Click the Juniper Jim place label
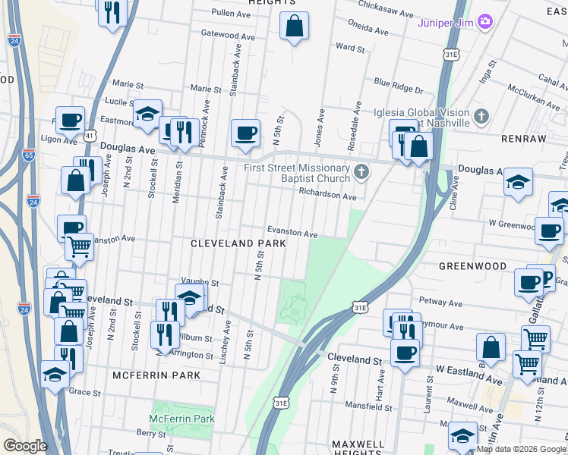pyautogui.click(x=446, y=22)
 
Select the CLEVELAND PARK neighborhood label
pyautogui.click(x=238, y=243)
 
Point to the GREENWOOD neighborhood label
pyautogui.click(x=472, y=266)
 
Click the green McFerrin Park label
pyautogui.click(x=181, y=419)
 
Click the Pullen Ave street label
pyautogui.click(x=232, y=14)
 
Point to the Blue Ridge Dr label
pyautogui.click(x=398, y=86)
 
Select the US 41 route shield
pyautogui.click(x=90, y=136)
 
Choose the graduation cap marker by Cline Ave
pyautogui.click(x=518, y=182)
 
